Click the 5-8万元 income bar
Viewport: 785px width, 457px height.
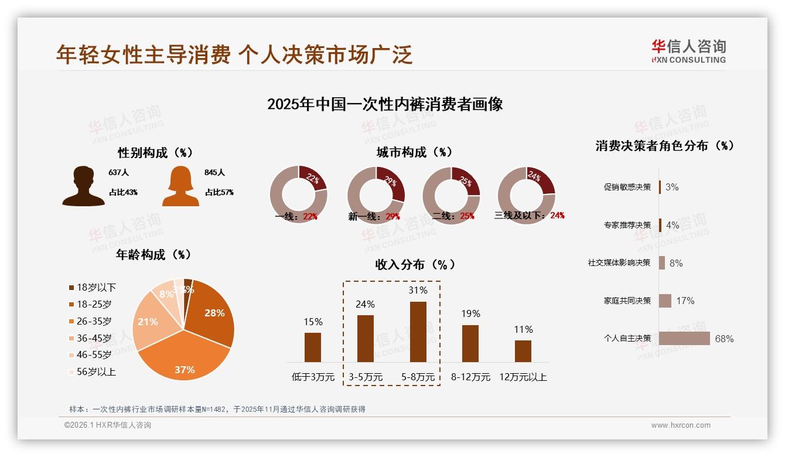pyautogui.click(x=418, y=332)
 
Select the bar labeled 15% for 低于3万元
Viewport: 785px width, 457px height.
pyautogui.click(x=313, y=347)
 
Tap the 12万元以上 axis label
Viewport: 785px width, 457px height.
pyautogui.click(x=523, y=377)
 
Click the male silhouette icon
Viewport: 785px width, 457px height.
pyautogui.click(x=83, y=186)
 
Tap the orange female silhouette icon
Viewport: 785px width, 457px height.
pyautogui.click(x=180, y=186)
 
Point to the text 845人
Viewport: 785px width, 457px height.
pyautogui.click(x=215, y=172)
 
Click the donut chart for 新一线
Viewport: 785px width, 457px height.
pyautogui.click(x=376, y=195)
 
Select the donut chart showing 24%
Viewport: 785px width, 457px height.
pyautogui.click(x=525, y=195)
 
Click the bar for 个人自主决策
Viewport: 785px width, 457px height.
pyautogui.click(x=684, y=338)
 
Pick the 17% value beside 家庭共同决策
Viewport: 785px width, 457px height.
pyautogui.click(x=685, y=301)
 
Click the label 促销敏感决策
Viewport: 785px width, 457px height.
pyautogui.click(x=627, y=187)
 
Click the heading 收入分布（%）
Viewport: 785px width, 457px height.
pyautogui.click(x=415, y=264)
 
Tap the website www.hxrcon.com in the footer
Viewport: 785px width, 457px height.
pyautogui.click(x=681, y=425)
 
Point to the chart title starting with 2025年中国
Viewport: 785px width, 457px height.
pyautogui.click(x=385, y=105)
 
